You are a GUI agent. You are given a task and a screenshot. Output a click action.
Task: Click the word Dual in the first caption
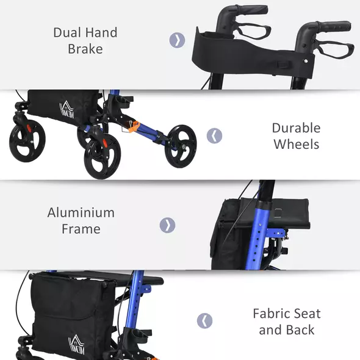67,32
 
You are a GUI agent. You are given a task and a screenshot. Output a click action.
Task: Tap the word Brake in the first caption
85,49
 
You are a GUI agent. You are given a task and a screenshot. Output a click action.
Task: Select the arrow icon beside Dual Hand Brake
176,40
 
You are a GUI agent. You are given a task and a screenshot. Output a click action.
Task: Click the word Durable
296,128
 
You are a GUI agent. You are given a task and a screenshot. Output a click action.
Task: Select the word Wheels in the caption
297,145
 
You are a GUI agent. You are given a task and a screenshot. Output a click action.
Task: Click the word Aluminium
81,213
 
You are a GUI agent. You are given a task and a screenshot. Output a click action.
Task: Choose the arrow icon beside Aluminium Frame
167,225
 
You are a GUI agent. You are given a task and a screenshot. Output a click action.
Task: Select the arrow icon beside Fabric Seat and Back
204,321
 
